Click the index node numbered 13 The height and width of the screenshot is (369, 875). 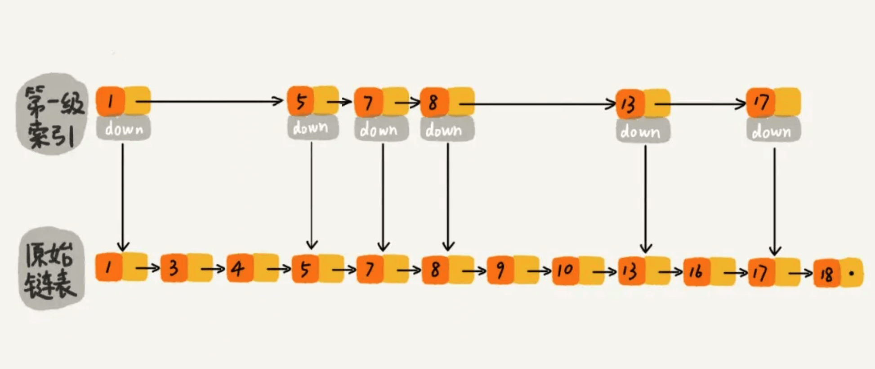[x=629, y=104]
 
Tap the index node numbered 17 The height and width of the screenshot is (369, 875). [x=761, y=102]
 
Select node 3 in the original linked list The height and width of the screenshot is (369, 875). [x=174, y=269]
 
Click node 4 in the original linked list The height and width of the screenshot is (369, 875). [x=239, y=269]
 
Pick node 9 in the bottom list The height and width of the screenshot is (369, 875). [x=500, y=270]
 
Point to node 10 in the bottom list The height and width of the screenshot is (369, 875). [x=565, y=270]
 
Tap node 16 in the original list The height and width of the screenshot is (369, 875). [x=696, y=272]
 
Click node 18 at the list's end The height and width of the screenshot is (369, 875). [x=826, y=273]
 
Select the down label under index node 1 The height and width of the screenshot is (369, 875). [x=124, y=129]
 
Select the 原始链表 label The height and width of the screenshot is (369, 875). [x=52, y=269]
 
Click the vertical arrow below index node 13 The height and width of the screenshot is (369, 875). [x=646, y=198]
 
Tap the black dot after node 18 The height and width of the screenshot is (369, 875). [x=852, y=273]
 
